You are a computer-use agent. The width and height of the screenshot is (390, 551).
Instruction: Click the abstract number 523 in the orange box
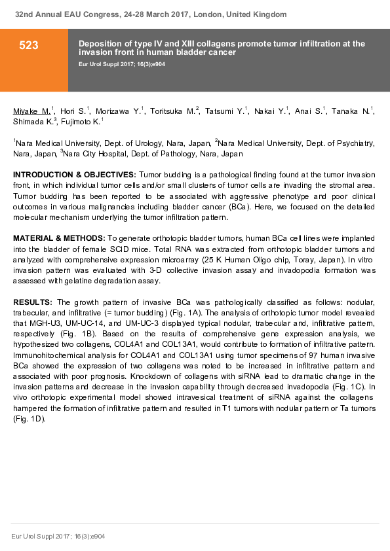(29, 45)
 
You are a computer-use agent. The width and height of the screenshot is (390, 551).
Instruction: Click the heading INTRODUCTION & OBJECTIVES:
(75, 175)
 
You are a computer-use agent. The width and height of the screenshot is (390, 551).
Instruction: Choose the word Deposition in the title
(100, 43)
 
